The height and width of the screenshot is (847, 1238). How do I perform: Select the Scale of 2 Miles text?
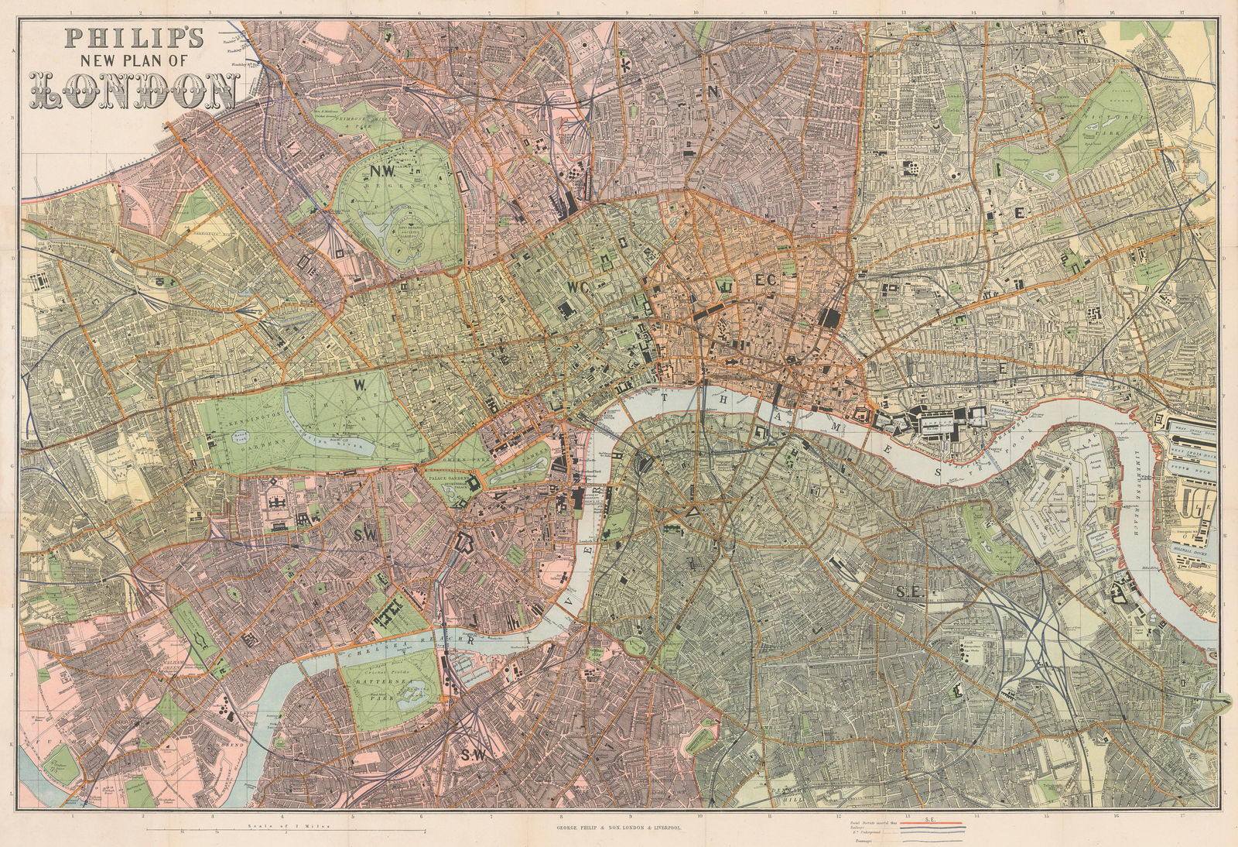(285, 827)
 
